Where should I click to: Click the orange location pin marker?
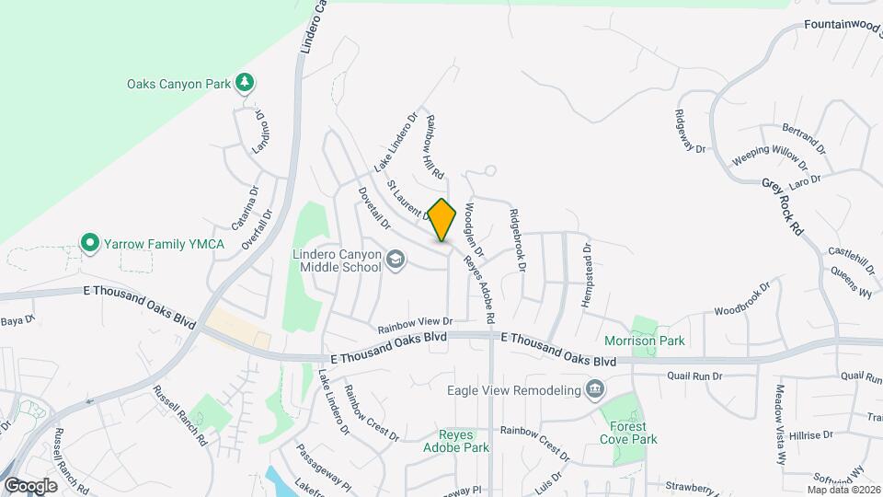(442, 220)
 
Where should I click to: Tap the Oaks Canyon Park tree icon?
(244, 84)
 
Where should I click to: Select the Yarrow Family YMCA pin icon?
(89, 243)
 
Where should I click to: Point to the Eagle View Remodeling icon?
(595, 389)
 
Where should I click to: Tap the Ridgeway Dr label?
(688, 132)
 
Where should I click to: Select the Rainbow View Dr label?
(416, 323)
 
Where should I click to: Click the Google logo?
(30, 485)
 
